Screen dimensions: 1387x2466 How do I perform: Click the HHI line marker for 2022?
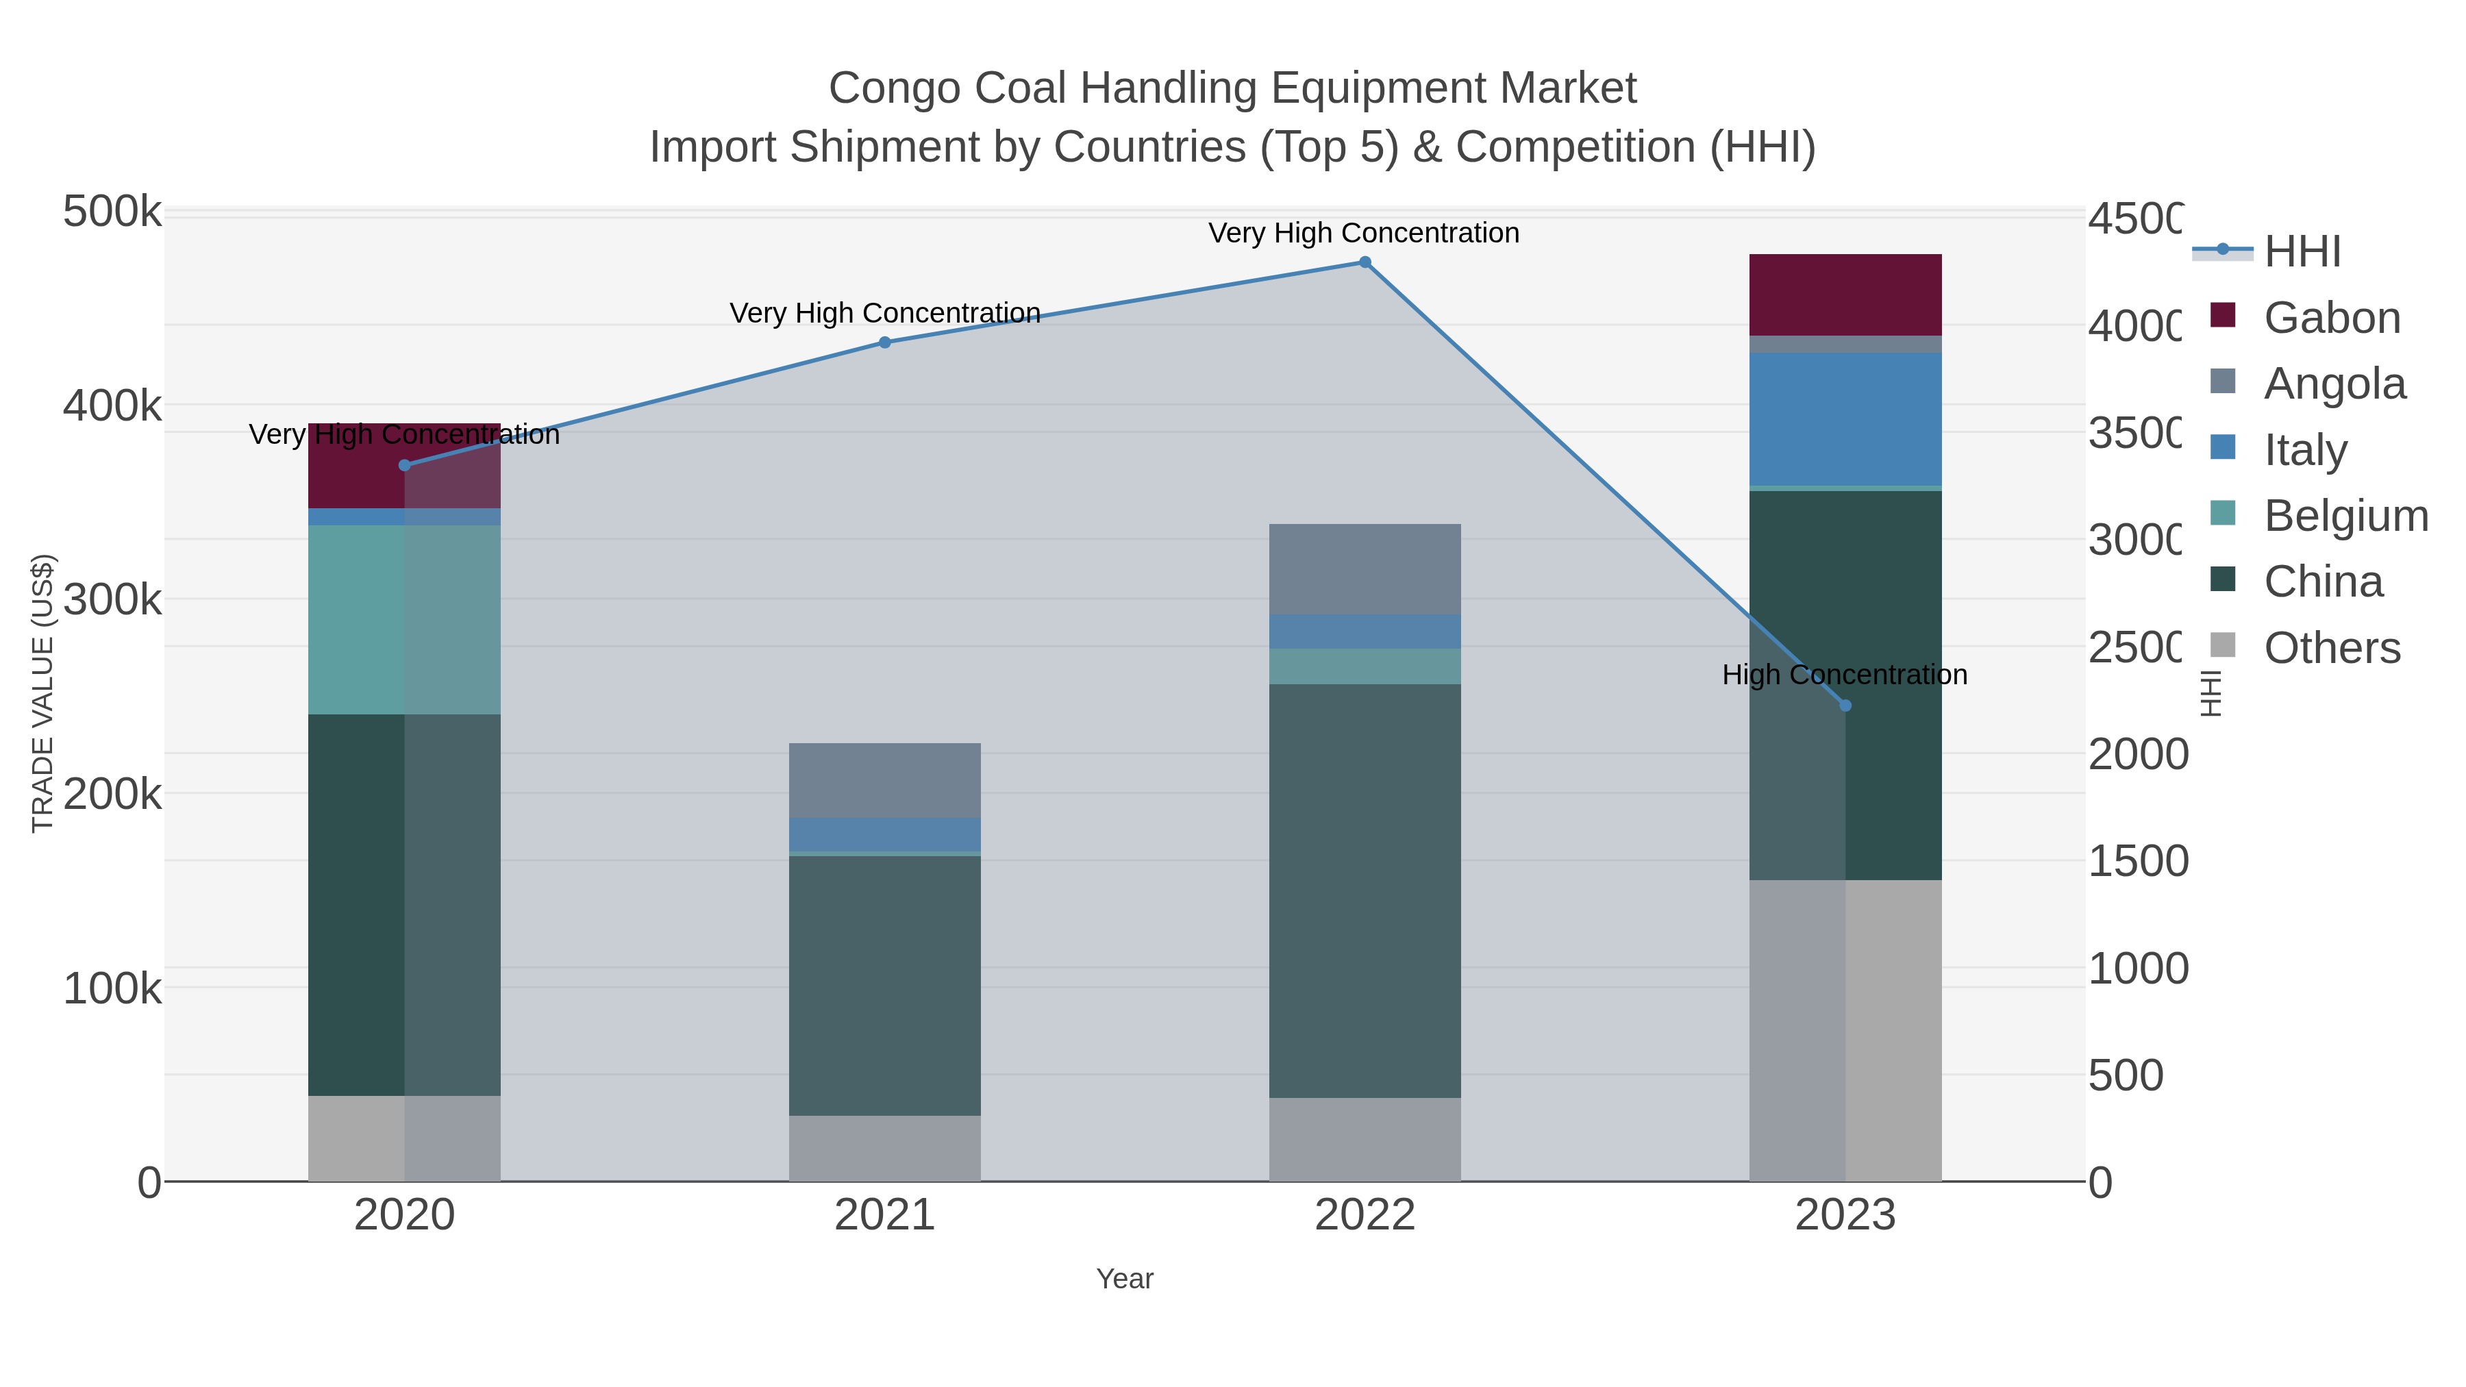(1365, 262)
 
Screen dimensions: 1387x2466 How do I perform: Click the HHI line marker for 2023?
(1845, 705)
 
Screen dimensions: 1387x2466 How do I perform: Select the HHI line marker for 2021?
(884, 342)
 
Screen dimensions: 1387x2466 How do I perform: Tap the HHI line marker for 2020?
(404, 465)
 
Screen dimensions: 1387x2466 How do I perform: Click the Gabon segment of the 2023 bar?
(1845, 295)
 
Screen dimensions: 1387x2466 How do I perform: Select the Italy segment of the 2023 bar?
(1845, 419)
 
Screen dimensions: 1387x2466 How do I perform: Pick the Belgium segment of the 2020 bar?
(404, 619)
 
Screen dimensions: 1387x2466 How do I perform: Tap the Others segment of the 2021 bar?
(884, 1148)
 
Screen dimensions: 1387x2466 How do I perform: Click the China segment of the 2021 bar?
(884, 985)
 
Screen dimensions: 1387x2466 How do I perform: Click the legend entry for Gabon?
(2332, 318)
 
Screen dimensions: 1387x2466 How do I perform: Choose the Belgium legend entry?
(2345, 516)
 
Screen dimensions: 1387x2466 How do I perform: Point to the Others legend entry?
(2332, 648)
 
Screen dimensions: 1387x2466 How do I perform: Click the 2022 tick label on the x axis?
(1365, 1216)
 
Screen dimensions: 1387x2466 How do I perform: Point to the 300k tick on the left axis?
(112, 600)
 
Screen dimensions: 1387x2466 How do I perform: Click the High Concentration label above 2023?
(1845, 675)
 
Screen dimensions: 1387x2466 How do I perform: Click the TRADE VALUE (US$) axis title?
(43, 693)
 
